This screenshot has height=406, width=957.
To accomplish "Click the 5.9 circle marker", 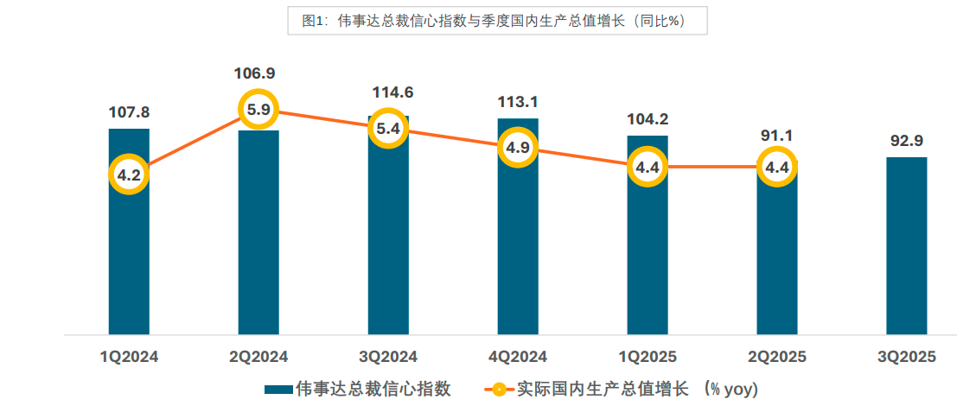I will [x=258, y=110].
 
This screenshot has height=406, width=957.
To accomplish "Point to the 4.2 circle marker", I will [x=129, y=174].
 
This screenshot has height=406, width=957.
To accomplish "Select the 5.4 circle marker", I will [x=388, y=130].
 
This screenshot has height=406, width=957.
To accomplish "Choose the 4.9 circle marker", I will [x=518, y=148].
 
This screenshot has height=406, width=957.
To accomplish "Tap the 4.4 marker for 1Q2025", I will [x=648, y=167].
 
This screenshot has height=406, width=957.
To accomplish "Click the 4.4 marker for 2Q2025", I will [x=777, y=167].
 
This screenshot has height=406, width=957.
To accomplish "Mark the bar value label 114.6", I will [x=388, y=92].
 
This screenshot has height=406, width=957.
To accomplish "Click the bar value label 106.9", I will [x=258, y=73].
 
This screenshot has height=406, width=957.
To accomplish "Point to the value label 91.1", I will [x=777, y=136].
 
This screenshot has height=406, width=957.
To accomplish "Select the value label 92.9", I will [x=907, y=139].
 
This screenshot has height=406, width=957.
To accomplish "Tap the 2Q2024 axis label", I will [x=258, y=356].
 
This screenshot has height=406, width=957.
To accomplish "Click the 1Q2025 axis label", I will [x=648, y=356].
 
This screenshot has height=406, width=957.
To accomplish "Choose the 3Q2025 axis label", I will [x=907, y=356].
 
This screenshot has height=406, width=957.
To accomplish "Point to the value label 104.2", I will [x=648, y=119].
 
